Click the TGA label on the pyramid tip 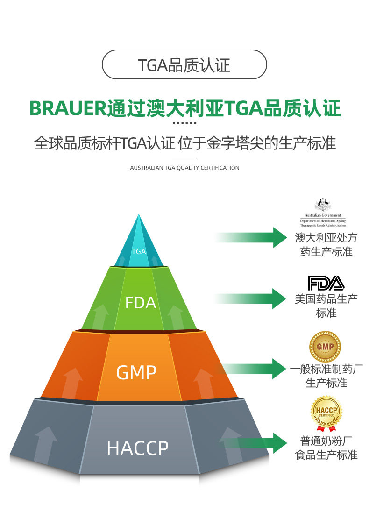click(x=139, y=251)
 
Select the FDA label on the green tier click(x=140, y=303)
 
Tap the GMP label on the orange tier click(x=136, y=372)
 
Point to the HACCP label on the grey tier click(x=137, y=448)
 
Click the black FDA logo click(x=326, y=283)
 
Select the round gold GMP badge click(x=325, y=347)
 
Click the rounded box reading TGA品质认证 click(x=184, y=64)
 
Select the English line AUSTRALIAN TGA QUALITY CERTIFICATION click(x=184, y=168)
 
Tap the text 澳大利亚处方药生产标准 click(x=326, y=244)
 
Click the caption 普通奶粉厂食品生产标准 click(x=326, y=448)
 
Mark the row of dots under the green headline click(x=184, y=123)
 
